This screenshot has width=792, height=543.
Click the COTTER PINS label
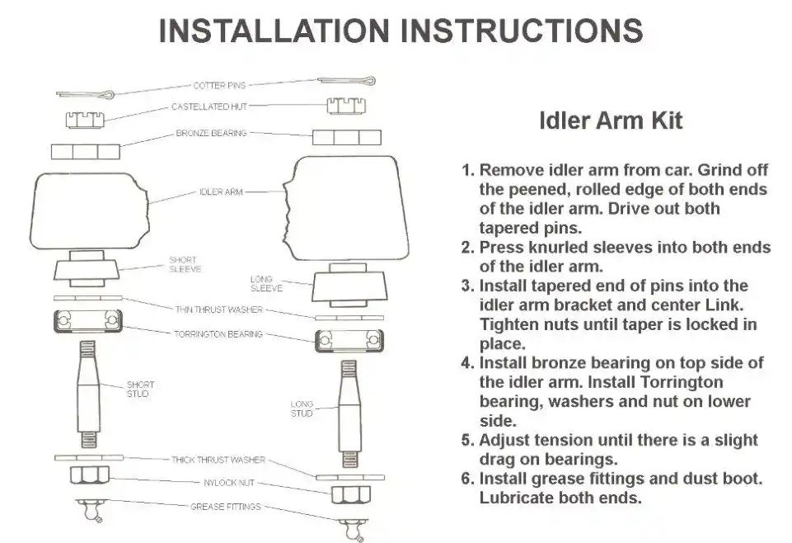pyautogui.click(x=219, y=85)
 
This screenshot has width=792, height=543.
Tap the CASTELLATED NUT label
pyautogui.click(x=209, y=106)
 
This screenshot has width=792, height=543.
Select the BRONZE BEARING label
pyautogui.click(x=211, y=133)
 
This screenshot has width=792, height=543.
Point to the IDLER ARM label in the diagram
pyautogui.click(x=221, y=192)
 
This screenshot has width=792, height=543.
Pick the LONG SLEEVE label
pyautogui.click(x=266, y=284)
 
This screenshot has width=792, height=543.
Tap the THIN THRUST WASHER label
pyautogui.click(x=219, y=310)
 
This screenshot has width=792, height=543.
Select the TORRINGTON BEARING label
pyautogui.click(x=219, y=334)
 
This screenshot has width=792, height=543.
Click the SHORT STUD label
pyautogui.click(x=140, y=390)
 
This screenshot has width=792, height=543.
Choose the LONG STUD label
pyautogui.click(x=302, y=408)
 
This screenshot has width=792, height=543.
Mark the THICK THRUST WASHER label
pyautogui.click(x=219, y=460)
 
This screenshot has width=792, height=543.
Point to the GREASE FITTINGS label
pyautogui.click(x=225, y=507)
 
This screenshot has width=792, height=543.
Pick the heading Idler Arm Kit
pyautogui.click(x=611, y=120)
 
